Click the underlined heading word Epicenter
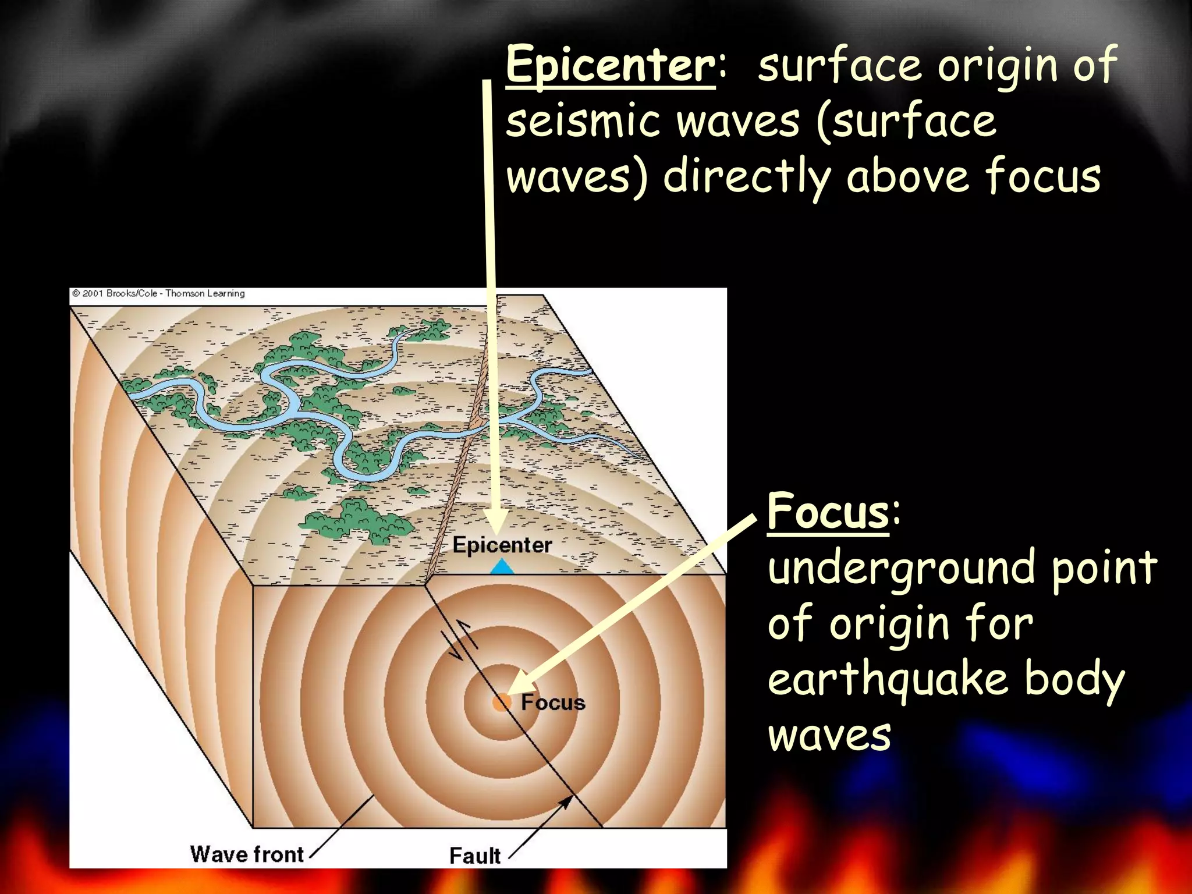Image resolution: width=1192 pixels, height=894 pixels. [x=610, y=65]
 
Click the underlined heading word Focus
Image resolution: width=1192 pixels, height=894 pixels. [x=828, y=511]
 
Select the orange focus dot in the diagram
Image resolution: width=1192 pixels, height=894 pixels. [x=501, y=702]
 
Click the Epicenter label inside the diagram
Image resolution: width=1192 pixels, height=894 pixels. [x=502, y=545]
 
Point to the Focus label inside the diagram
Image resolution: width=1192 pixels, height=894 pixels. [x=553, y=703]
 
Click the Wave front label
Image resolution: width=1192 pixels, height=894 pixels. [x=247, y=854]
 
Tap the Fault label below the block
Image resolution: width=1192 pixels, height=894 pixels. [x=474, y=856]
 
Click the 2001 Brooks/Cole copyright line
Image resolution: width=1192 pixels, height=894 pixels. [x=158, y=293]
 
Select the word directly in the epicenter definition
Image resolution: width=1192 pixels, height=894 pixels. [x=747, y=177]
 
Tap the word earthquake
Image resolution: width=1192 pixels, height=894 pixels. [x=888, y=679]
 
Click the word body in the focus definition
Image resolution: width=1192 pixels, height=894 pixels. [x=1074, y=679]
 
